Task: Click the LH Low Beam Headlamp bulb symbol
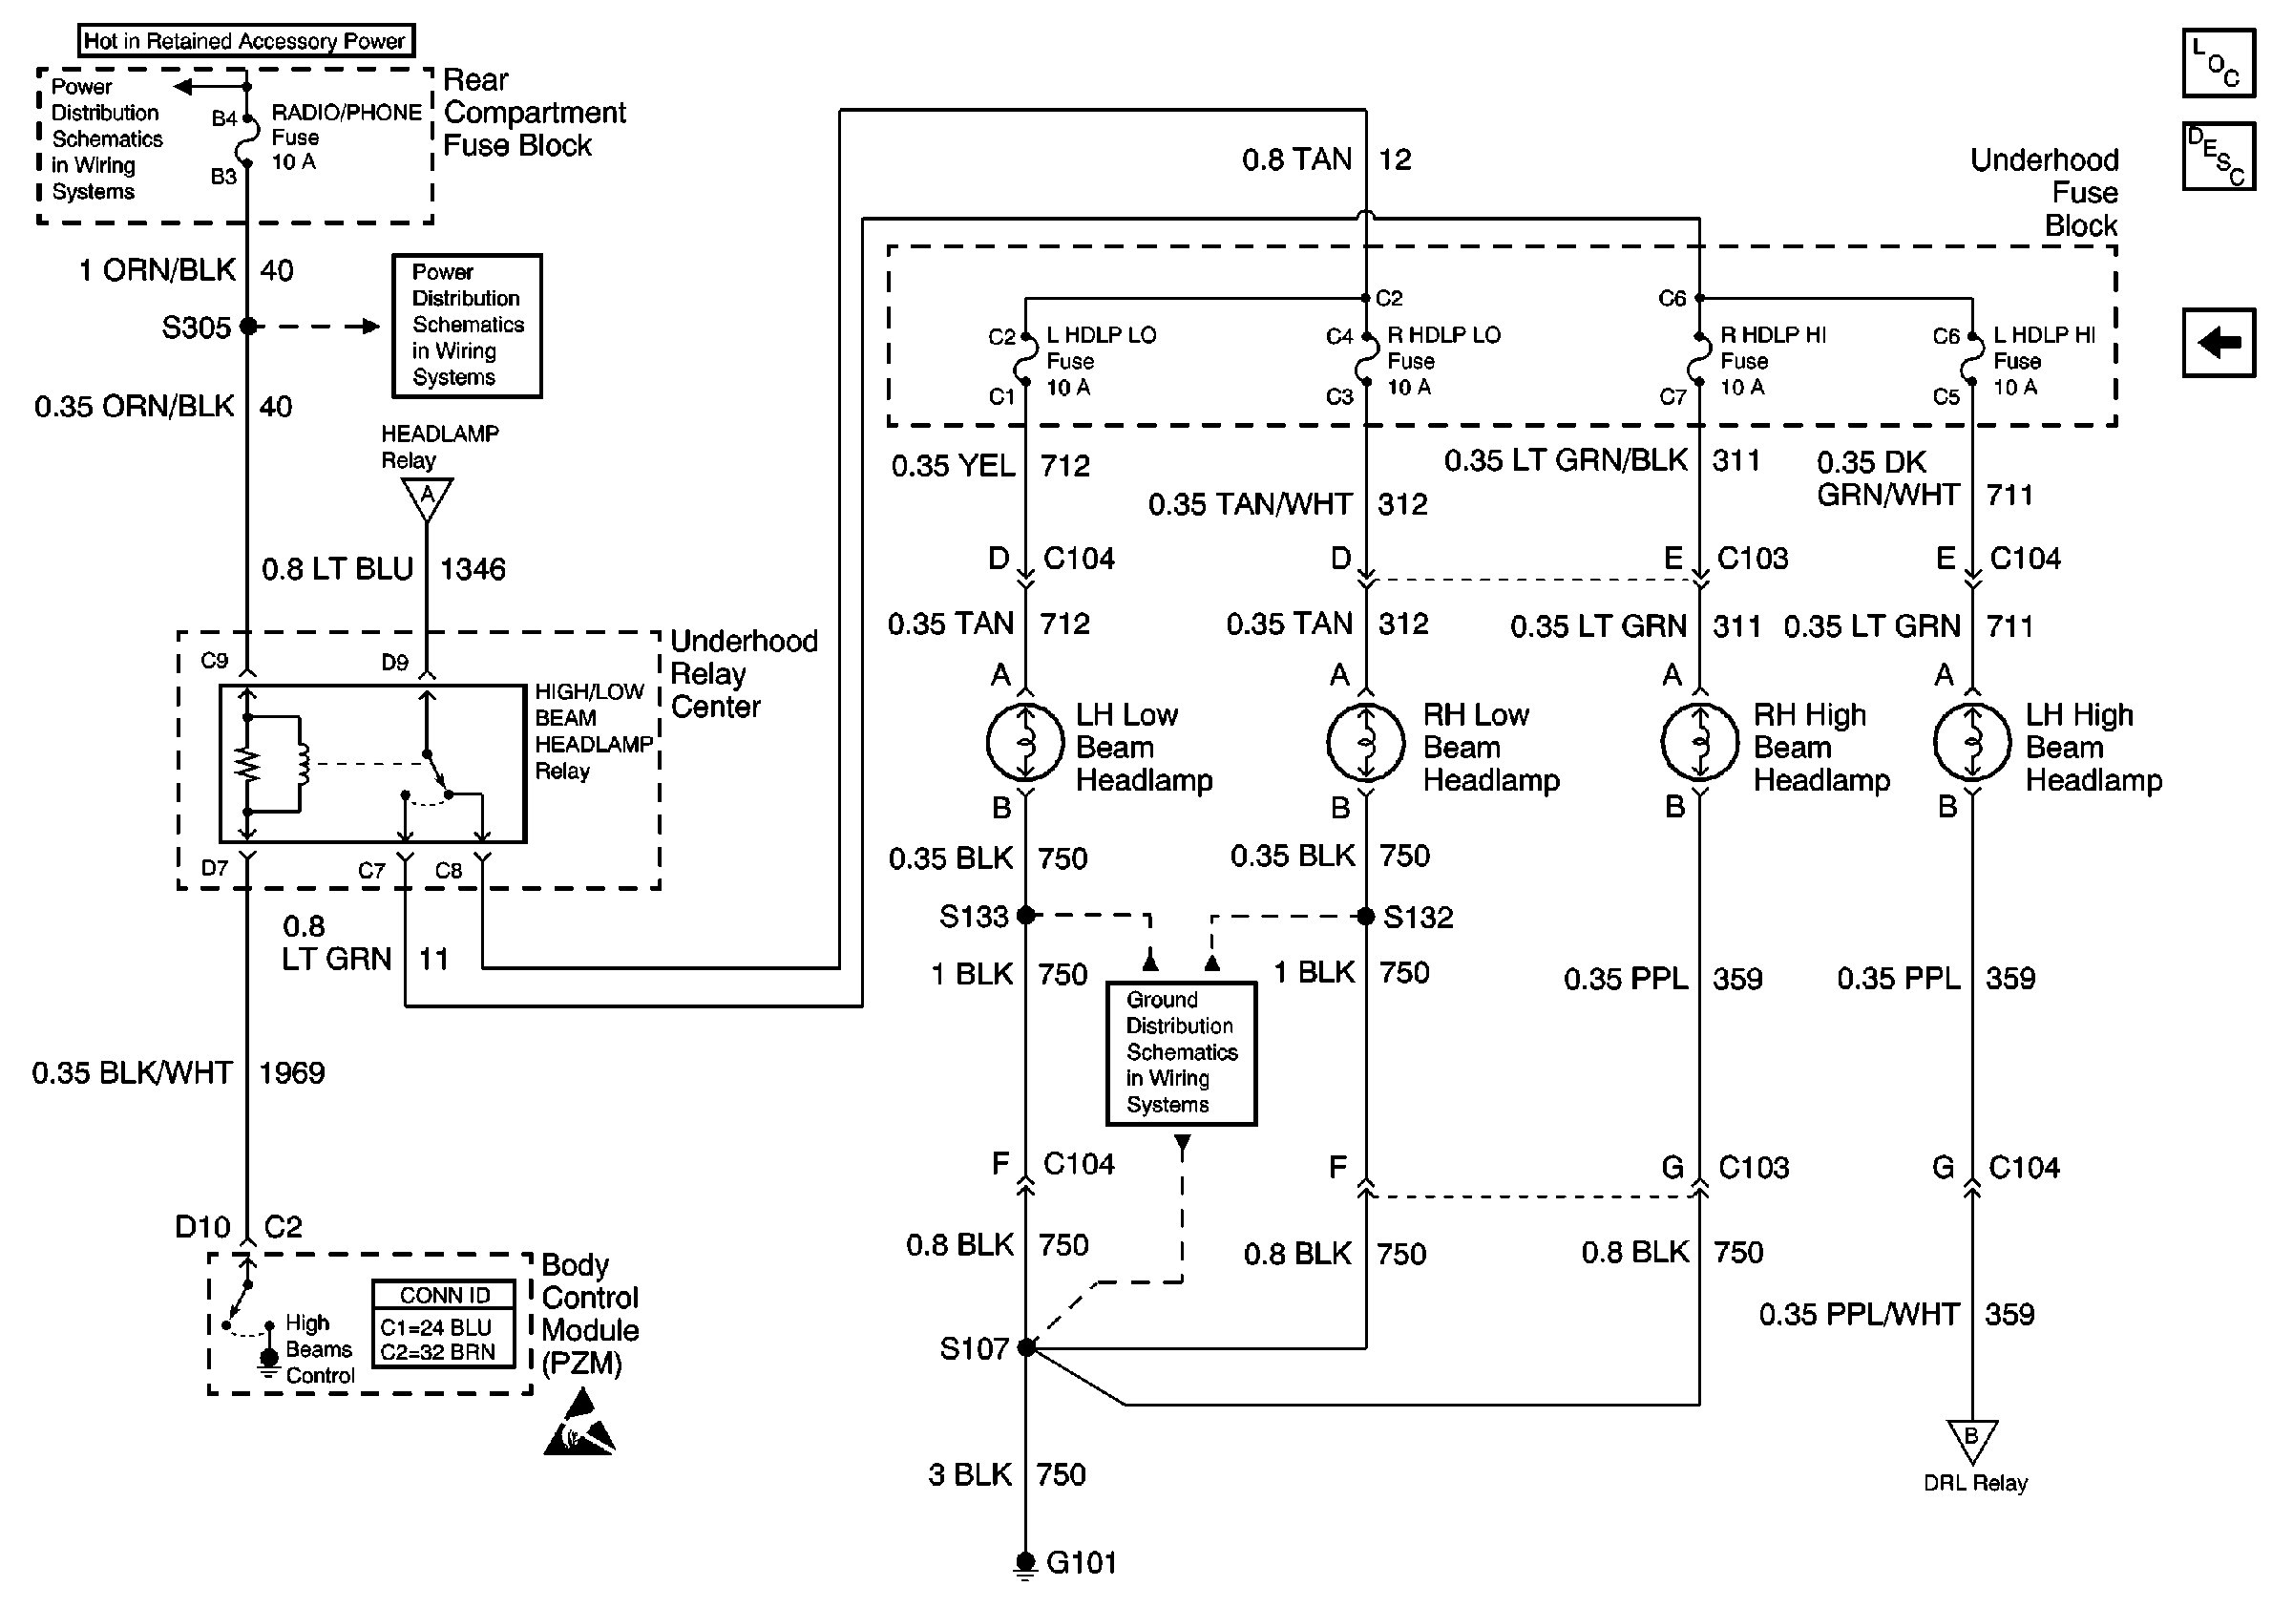[1025, 742]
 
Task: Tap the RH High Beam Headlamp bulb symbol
[1699, 742]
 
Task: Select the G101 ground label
[1082, 1562]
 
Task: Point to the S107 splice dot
[1026, 1348]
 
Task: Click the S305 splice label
[196, 328]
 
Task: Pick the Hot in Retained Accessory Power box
[245, 41]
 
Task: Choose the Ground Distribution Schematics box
[1182, 1052]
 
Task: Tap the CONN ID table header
[445, 1296]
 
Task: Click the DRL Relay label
[1974, 1483]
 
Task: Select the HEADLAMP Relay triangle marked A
[428, 497]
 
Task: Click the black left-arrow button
[2219, 343]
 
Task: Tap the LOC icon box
[2219, 63]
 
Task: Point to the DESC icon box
[2219, 156]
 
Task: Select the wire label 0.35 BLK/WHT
[132, 1072]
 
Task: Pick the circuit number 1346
[473, 569]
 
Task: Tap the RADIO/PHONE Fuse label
[346, 137]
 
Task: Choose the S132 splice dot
[1366, 916]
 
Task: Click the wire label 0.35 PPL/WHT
[1859, 1314]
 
